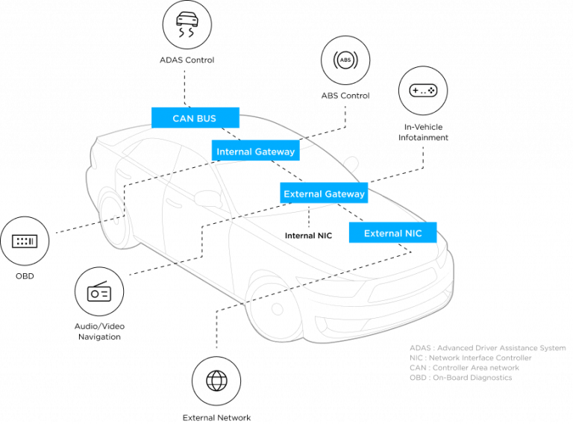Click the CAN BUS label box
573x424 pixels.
[x=195, y=118]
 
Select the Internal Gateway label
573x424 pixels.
[x=255, y=151]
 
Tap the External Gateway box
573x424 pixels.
[x=324, y=193]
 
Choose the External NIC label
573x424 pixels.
[x=392, y=233]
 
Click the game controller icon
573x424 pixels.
[x=423, y=90]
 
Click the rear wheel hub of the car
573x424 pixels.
[x=116, y=219]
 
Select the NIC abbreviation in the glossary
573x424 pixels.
[x=416, y=358]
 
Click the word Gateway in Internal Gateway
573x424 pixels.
[x=275, y=151]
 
